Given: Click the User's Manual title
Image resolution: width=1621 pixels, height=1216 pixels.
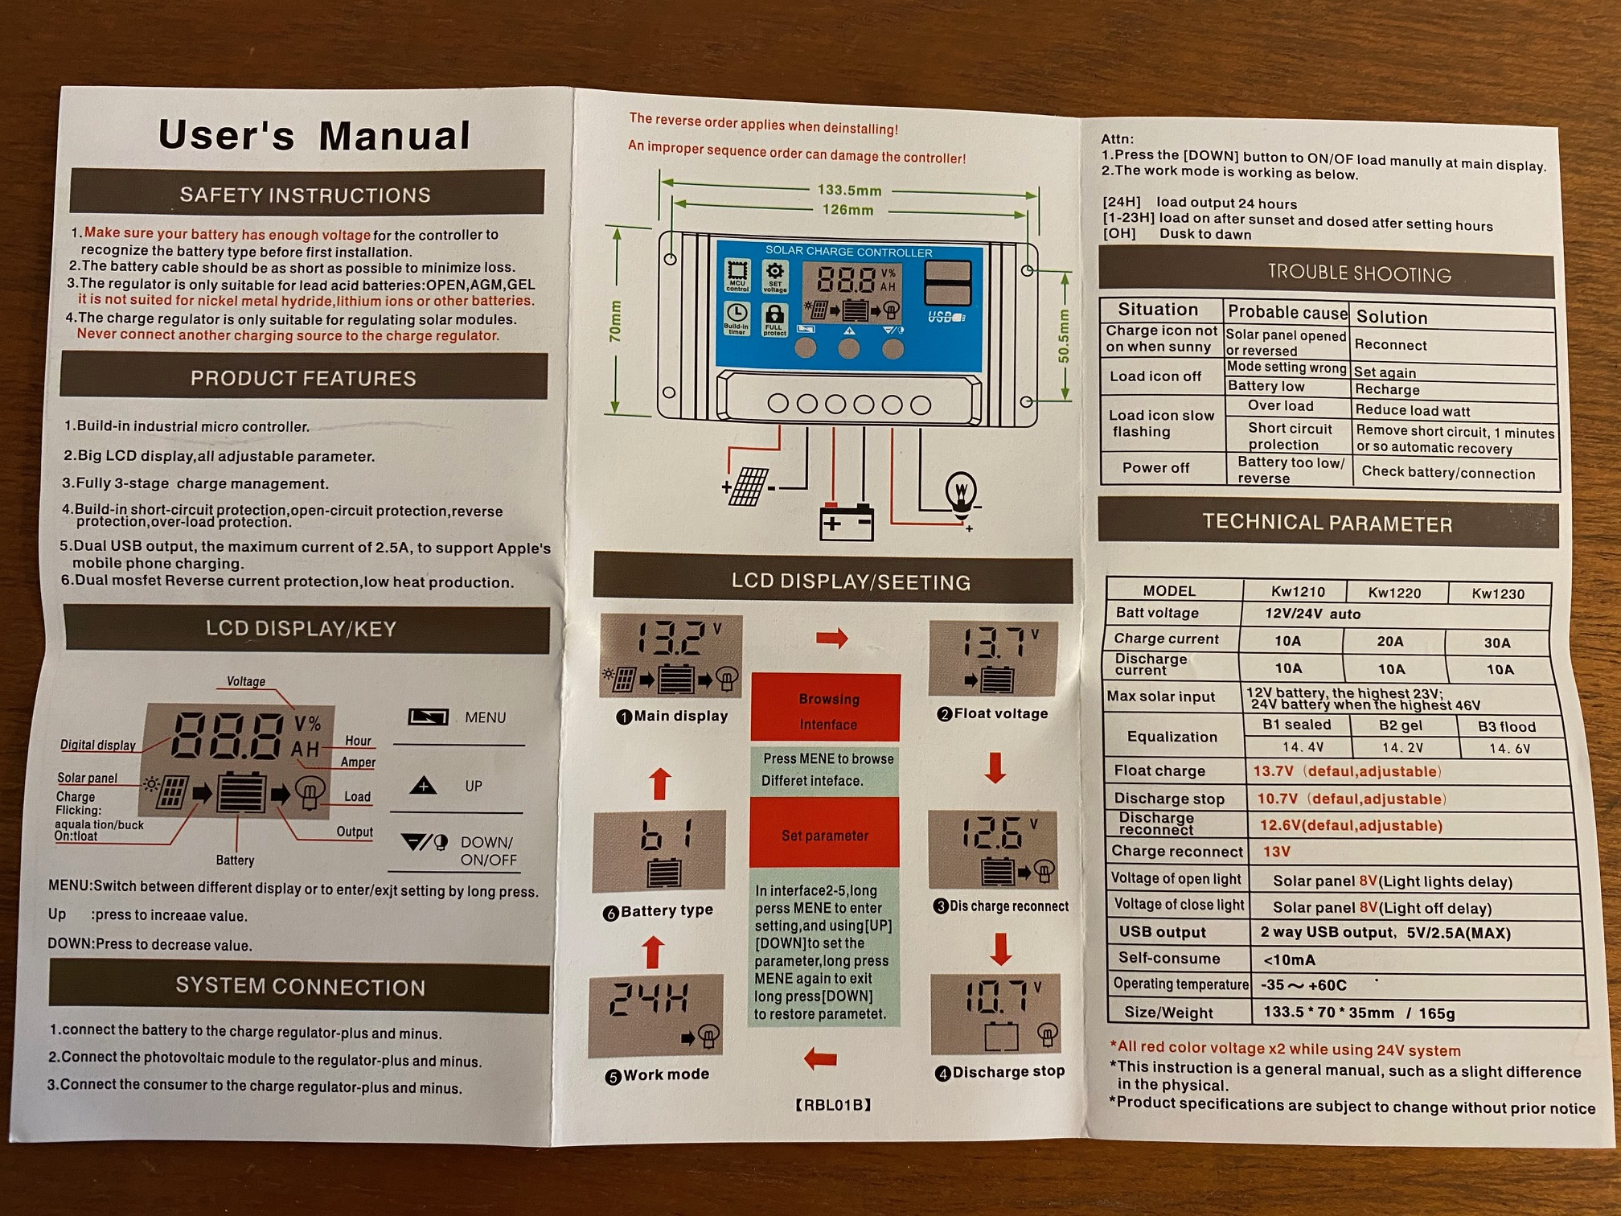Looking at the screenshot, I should click(x=314, y=134).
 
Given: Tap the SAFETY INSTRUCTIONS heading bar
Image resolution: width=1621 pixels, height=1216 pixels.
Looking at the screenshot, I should click(x=306, y=195).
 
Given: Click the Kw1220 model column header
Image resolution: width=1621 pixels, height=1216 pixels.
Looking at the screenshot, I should click(x=1394, y=593).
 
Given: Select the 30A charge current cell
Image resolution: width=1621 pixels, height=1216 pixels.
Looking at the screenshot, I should click(x=1496, y=643).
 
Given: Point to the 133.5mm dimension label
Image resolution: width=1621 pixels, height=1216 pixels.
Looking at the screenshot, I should click(x=849, y=191).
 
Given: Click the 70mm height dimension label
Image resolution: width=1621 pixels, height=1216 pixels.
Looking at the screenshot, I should click(x=616, y=322).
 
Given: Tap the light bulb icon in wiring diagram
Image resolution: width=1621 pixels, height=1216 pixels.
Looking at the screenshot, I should click(x=961, y=492).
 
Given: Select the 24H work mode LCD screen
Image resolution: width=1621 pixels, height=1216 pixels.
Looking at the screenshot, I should click(x=656, y=1015).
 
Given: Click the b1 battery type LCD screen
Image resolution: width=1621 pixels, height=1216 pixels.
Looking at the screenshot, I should click(x=659, y=851).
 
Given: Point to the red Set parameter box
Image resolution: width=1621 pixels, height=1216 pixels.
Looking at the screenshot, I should click(x=825, y=834).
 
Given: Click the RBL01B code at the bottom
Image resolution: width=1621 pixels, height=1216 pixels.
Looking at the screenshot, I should click(x=833, y=1105).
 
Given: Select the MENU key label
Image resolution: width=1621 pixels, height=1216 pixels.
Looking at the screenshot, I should click(x=485, y=717).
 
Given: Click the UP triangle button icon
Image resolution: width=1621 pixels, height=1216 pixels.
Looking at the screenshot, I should click(x=424, y=786).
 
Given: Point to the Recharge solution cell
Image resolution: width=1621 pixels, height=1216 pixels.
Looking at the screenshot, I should click(x=1387, y=390).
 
